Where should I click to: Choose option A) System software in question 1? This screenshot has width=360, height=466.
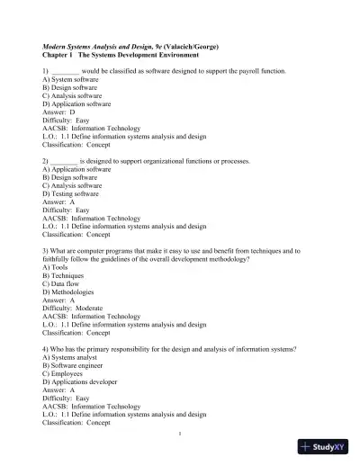69,80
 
